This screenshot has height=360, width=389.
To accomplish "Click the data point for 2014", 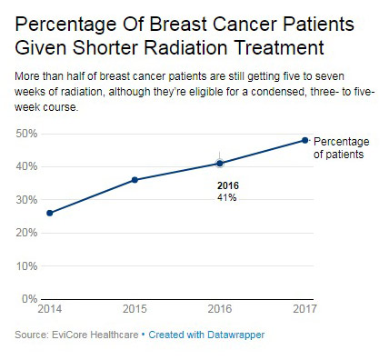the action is click(50, 213).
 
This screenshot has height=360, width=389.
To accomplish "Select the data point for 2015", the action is click(135, 180).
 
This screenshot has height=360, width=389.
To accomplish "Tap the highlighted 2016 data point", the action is click(220, 164).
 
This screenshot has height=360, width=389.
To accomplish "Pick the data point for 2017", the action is click(305, 140).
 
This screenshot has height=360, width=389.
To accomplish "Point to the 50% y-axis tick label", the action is click(26, 134).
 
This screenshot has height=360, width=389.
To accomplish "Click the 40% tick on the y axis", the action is click(26, 166).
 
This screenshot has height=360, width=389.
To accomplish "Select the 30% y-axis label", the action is click(26, 200).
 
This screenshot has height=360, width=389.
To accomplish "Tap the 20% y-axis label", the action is click(26, 233).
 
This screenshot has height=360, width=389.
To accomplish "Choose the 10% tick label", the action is click(26, 266).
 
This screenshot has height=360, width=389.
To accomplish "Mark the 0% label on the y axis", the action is click(29, 299).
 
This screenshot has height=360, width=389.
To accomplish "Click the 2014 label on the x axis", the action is click(50, 309).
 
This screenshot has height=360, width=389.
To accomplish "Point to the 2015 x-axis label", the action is click(135, 309).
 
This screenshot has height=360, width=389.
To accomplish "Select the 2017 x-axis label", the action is click(304, 309).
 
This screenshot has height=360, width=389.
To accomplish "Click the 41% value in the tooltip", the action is click(226, 197).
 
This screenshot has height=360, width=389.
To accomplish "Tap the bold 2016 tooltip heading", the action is click(228, 185).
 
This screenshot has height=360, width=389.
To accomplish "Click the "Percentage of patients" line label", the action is click(342, 148).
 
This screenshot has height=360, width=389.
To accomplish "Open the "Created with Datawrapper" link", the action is click(206, 335).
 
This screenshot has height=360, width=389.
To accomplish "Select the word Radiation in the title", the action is click(185, 47).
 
